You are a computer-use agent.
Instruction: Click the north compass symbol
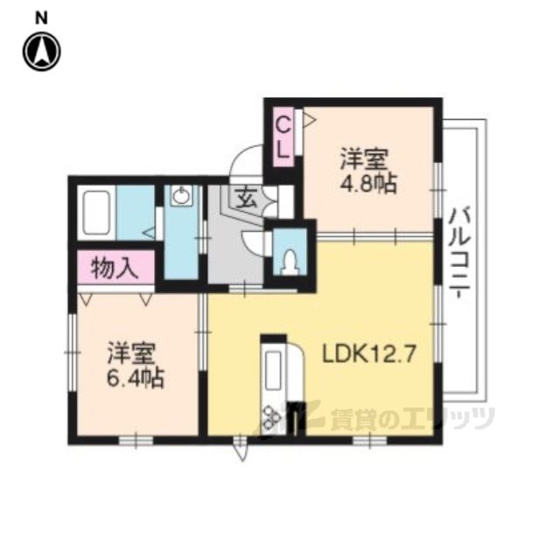[42, 52]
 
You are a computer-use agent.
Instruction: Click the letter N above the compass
[41, 18]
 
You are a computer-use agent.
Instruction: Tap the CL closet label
[283, 137]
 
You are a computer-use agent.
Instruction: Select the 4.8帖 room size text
[368, 185]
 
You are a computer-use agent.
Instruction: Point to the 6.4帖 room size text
[136, 379]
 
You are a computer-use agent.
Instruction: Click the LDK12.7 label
[369, 354]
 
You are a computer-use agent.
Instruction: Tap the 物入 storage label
[115, 269]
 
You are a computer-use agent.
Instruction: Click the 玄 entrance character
[246, 199]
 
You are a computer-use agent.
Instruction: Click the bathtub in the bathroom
[95, 213]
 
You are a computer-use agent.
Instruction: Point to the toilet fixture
[290, 262]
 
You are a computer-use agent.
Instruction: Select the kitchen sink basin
[274, 370]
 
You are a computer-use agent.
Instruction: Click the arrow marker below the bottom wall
[242, 450]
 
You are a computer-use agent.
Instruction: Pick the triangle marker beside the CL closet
[309, 120]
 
